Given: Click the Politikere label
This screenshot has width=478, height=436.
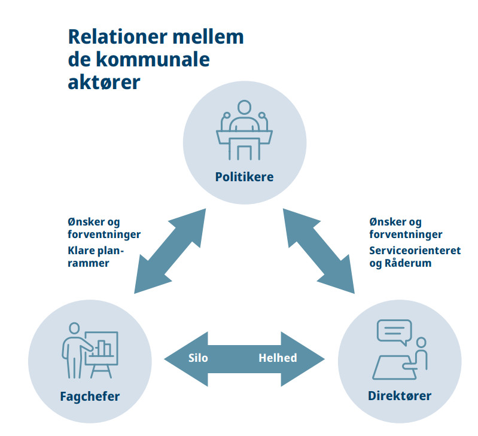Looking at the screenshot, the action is point(244,176).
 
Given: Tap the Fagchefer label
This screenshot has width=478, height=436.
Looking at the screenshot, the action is point(90,397).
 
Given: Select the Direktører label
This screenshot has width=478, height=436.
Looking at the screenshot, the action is point(400,395).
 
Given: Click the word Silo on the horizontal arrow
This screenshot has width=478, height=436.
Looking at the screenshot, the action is point(198,358).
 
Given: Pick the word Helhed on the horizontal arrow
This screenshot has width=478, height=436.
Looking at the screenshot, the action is point(278,358).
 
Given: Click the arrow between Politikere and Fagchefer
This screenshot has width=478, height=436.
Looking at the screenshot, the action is point(170,251).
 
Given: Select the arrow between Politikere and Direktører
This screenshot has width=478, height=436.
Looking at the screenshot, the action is point(319,251).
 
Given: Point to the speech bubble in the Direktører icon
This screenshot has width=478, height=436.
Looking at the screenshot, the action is point(394,332).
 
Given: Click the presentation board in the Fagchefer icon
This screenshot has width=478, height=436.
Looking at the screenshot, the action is point(102,348).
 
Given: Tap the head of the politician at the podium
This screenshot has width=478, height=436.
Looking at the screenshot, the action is point(244,108).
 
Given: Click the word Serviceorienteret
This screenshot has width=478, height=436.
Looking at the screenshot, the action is point(415,251).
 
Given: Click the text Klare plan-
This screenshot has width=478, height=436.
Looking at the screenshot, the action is point(96,251).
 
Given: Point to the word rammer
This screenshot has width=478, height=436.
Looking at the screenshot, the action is point(89,263).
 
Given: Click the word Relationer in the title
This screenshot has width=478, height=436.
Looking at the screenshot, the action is point(118,37).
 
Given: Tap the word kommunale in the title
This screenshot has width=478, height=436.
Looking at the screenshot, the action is point(153,59).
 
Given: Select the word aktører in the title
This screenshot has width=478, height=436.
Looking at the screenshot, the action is point(104,82).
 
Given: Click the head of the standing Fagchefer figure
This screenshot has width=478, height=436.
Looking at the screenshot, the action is point(74,328).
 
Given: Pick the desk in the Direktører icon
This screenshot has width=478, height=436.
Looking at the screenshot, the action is point(394,367).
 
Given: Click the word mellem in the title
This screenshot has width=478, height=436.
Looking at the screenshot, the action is point(208,37).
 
